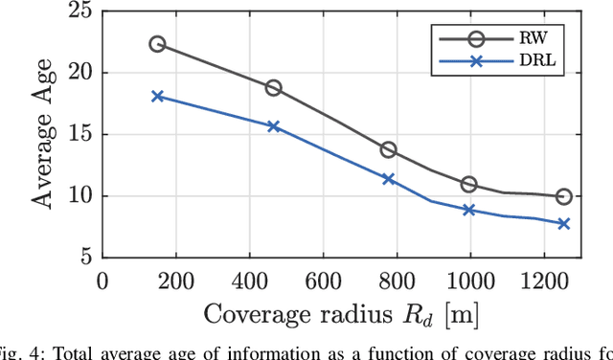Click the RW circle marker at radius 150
click(x=157, y=44)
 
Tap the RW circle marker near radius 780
click(x=389, y=149)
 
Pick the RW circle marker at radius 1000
click(x=468, y=184)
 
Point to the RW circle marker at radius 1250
click(x=563, y=196)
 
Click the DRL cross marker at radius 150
click(x=157, y=96)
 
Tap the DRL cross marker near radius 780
click(x=389, y=179)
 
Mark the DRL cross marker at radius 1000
click(x=468, y=210)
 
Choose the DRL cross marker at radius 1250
click(x=563, y=223)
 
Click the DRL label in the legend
click(x=555, y=61)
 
